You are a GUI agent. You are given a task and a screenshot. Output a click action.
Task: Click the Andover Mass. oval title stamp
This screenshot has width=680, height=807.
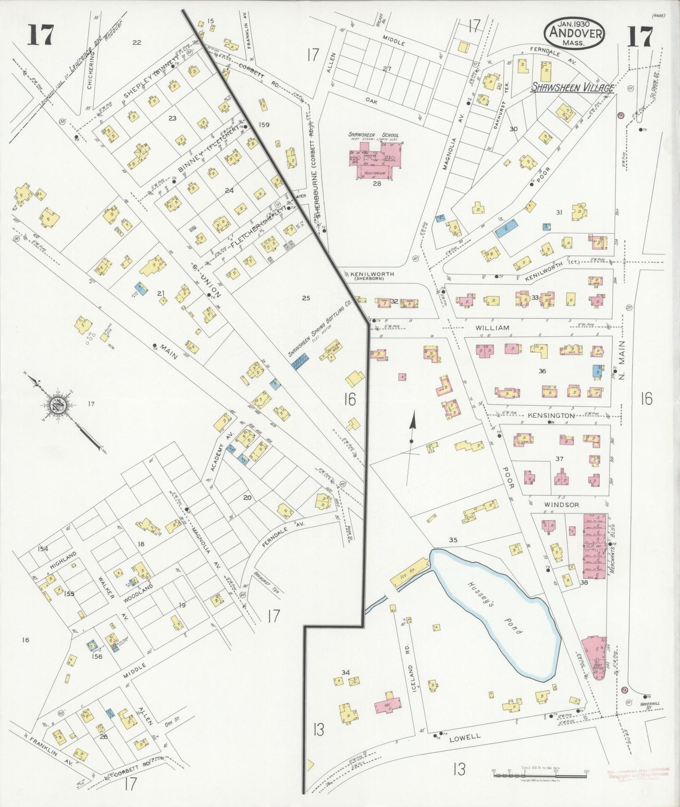tap(574, 33)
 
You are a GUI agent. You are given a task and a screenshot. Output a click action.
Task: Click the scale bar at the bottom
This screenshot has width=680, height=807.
tap(540, 774)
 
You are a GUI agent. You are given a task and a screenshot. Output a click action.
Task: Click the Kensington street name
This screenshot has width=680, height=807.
tap(551, 416)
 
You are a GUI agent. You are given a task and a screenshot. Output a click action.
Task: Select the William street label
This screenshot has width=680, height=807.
tap(492, 327)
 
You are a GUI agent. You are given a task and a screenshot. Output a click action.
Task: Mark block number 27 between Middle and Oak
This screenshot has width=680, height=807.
tap(386, 69)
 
